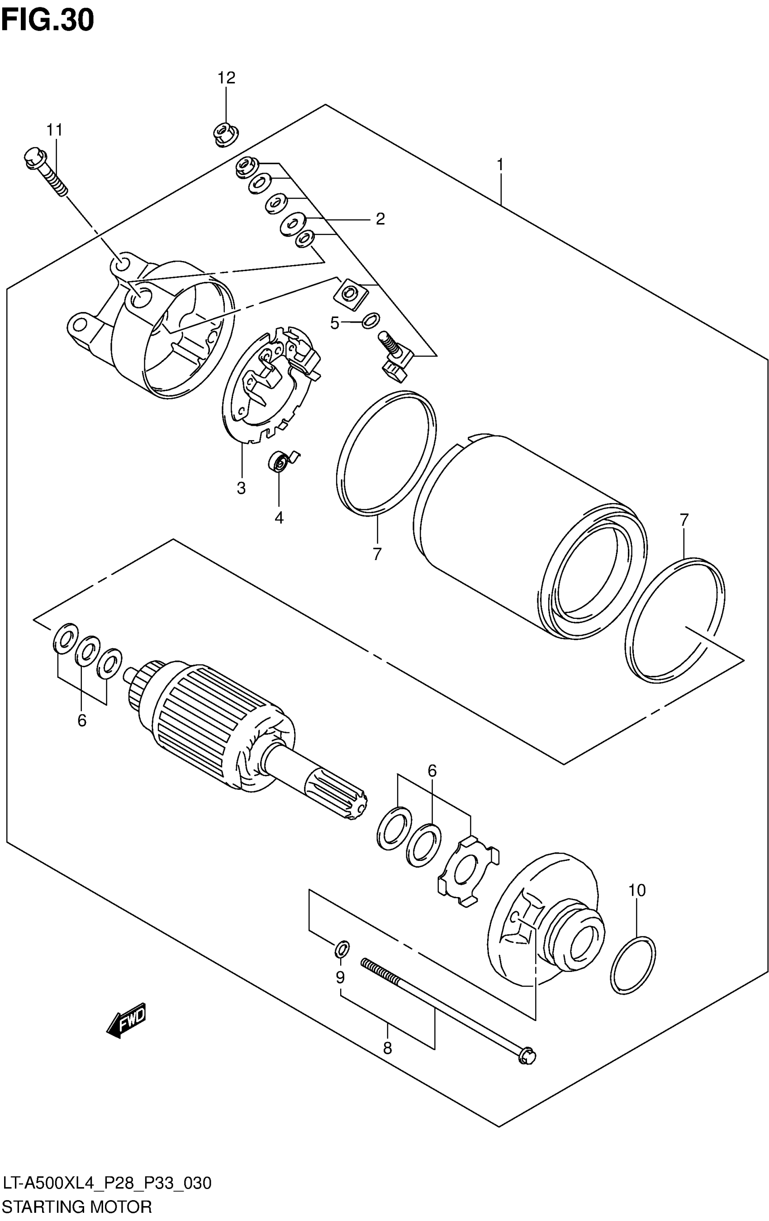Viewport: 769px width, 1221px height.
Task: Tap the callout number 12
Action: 227,78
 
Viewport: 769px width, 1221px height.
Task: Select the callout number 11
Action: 55,130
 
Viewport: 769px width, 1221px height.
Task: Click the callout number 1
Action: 500,165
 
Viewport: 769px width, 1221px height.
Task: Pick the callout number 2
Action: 380,219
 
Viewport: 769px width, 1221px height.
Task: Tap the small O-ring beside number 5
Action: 371,320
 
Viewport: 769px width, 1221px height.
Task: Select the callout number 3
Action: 241,488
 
